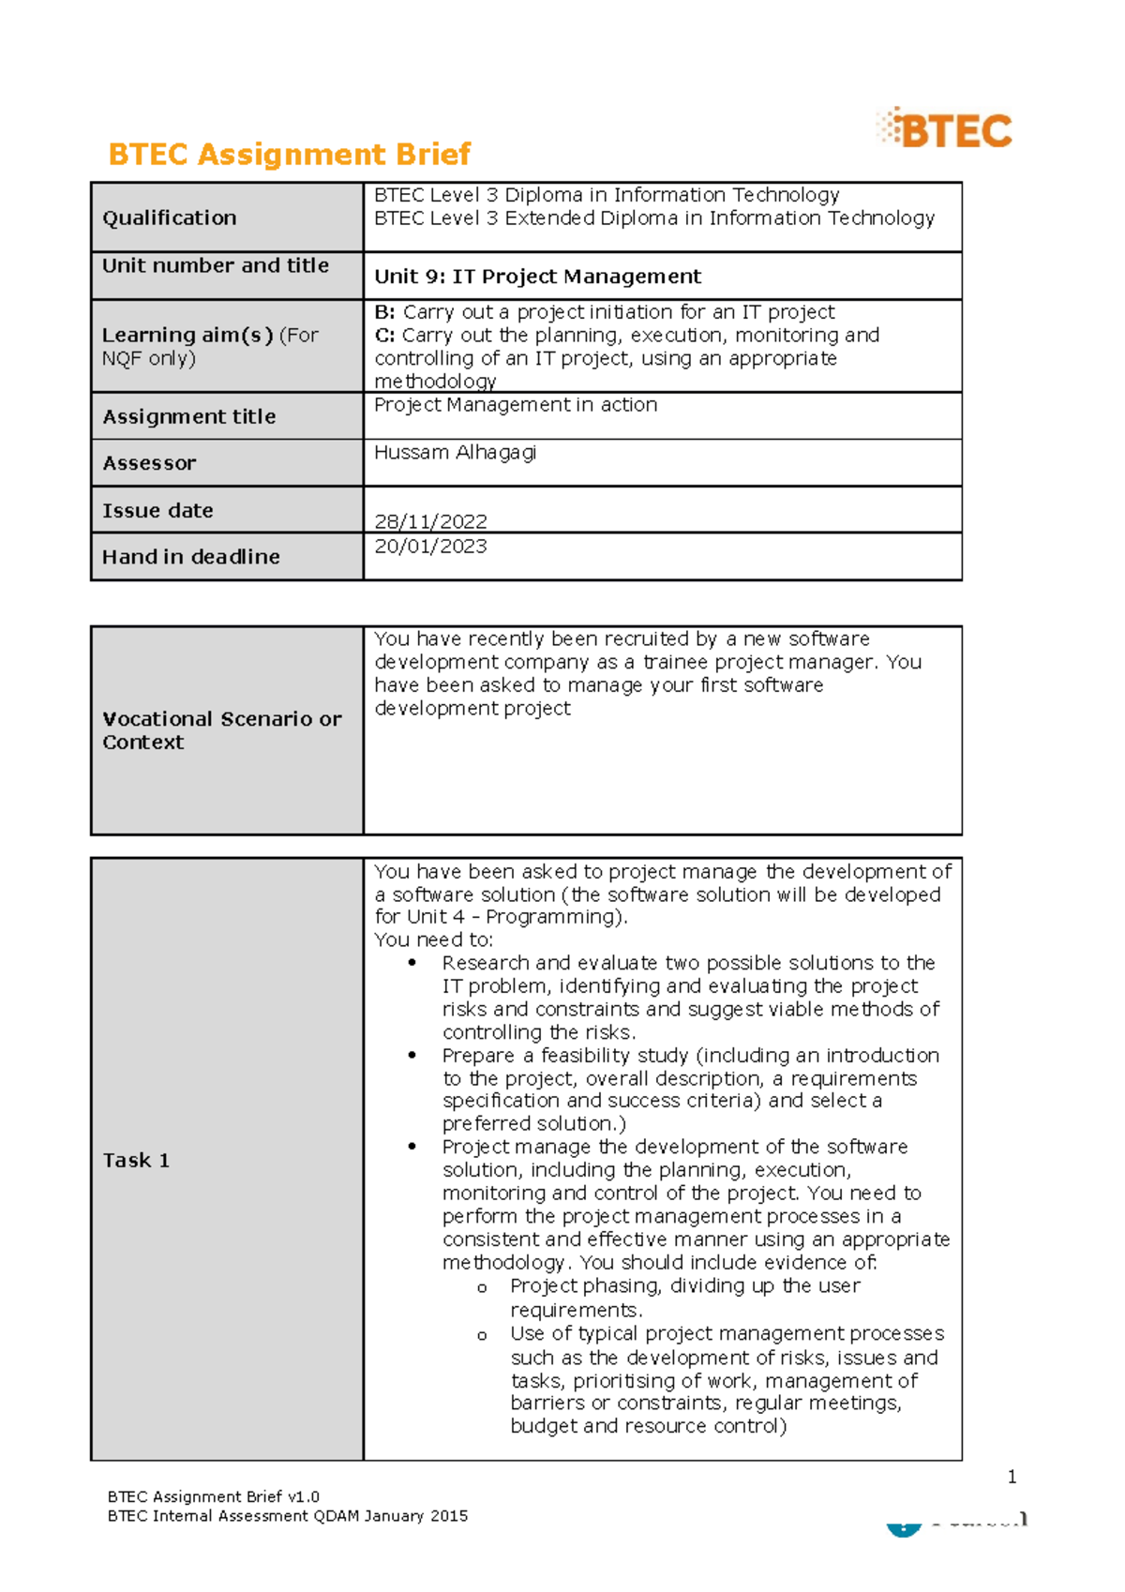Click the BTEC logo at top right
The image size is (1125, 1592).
945,128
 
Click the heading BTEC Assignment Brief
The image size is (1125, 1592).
289,154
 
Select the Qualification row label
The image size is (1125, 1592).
170,218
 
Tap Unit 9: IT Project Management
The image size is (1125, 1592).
537,277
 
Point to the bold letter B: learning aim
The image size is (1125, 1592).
384,312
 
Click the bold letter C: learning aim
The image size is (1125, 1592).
384,336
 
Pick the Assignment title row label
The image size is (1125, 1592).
189,416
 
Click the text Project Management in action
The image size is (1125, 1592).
516,405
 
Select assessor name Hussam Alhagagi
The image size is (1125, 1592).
456,452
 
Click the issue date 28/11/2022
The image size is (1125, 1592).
430,521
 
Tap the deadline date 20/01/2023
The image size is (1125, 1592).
430,546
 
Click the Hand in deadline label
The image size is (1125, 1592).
191,557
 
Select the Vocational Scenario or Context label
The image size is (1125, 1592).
221,730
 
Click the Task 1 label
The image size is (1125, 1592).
136,1161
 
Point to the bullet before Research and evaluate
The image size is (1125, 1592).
412,963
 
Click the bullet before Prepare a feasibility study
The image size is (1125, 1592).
412,1055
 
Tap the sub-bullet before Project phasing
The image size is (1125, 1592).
482,1288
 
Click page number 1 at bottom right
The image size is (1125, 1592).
1012,1477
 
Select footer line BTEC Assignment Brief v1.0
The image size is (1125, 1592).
214,1496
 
